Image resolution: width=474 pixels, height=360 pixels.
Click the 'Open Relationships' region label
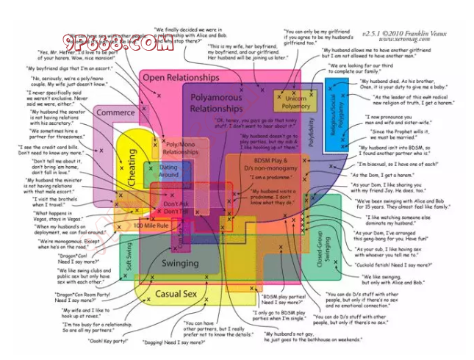181,77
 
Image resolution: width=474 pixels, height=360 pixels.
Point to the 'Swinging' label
180,263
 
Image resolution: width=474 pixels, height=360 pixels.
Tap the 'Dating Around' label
168,171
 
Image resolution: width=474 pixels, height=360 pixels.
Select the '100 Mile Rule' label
152,225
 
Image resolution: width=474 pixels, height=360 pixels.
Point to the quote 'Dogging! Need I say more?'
163,342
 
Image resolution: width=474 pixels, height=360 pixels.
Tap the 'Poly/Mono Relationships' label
180,148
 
